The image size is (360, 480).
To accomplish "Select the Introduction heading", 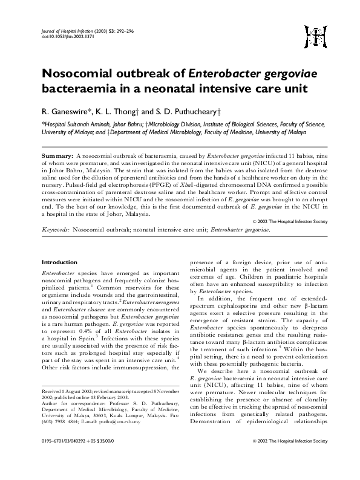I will pyautogui.click(x=59, y=262).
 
